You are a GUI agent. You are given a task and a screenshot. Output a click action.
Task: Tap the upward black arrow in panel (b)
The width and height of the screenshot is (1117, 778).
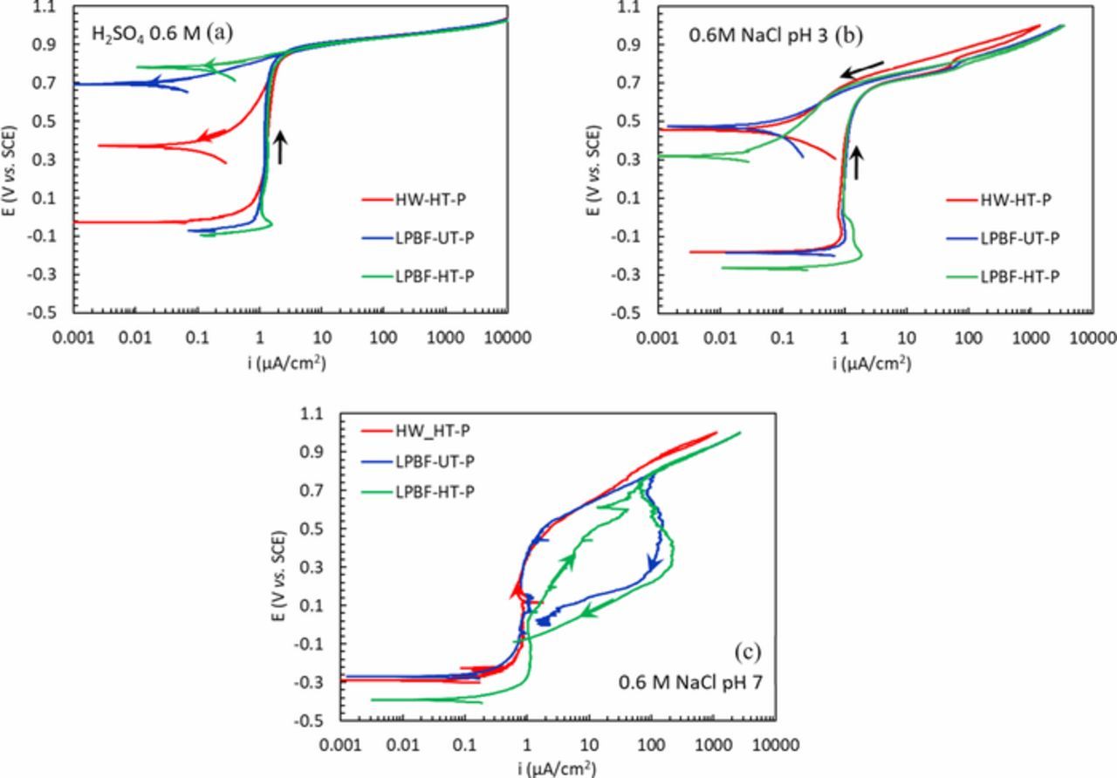pos(857,163)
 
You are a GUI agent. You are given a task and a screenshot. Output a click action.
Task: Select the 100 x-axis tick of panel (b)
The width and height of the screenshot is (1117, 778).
pos(968,338)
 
